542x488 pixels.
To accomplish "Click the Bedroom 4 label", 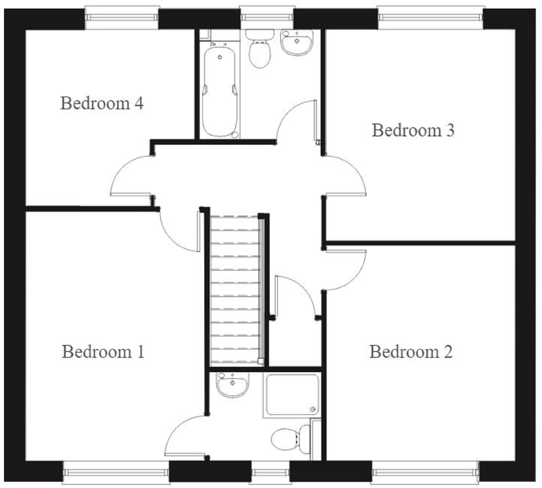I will click(x=102, y=103).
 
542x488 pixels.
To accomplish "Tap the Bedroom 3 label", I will click(x=413, y=130).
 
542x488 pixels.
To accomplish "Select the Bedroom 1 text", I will click(x=103, y=352).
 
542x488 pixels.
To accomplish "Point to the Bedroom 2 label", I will click(x=411, y=352).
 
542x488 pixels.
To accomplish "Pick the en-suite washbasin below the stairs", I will click(x=233, y=384).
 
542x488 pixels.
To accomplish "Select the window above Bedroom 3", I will click(x=430, y=17).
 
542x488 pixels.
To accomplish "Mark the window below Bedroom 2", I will click(x=425, y=472).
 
